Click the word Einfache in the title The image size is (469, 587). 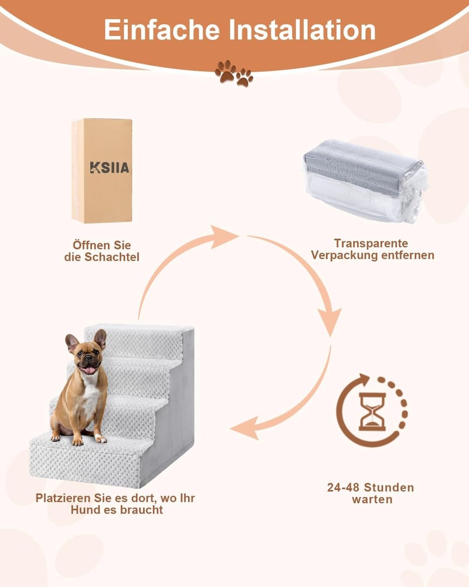pyautogui.click(x=162, y=29)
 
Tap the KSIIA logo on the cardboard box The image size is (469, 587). pyautogui.click(x=109, y=167)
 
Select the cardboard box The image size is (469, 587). pyautogui.click(x=102, y=171)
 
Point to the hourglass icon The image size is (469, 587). pyautogui.click(x=372, y=411)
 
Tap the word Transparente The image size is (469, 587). pyautogui.click(x=371, y=244)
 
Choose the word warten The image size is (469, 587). pyautogui.click(x=372, y=500)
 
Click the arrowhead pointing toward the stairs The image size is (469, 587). pyautogui.click(x=244, y=428)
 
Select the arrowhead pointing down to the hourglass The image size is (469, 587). pyautogui.click(x=329, y=322)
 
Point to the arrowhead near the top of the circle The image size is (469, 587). pyautogui.click(x=223, y=237)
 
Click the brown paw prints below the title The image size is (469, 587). pyautogui.click(x=234, y=73)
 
